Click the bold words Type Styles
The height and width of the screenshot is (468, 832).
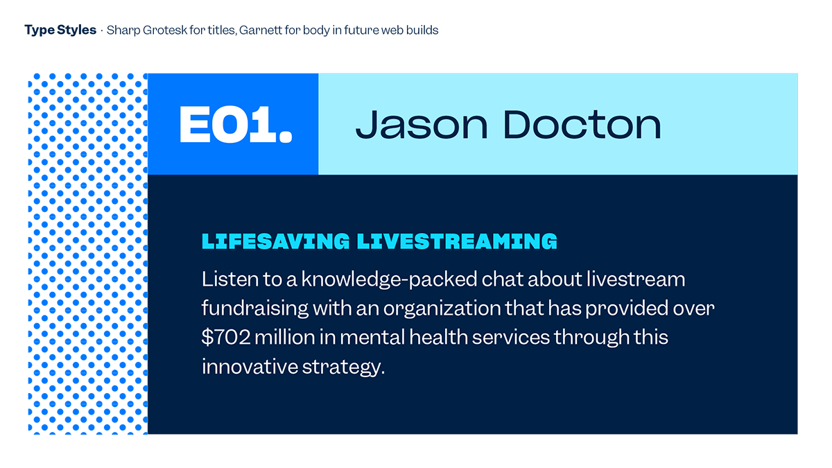(x=60, y=30)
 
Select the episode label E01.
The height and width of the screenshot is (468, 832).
(x=236, y=124)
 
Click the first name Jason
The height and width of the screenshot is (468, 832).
(x=422, y=124)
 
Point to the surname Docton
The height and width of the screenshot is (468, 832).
(x=582, y=124)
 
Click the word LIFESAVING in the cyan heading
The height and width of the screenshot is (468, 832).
(x=276, y=241)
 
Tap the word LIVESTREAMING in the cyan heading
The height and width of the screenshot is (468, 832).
(x=457, y=241)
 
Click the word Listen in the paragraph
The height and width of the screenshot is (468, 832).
(x=230, y=279)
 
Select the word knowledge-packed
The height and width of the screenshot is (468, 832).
(x=389, y=279)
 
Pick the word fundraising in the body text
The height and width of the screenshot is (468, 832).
(x=255, y=309)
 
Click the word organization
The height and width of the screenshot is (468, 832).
(x=442, y=309)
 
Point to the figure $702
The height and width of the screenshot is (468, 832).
(x=226, y=337)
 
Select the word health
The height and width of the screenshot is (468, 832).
(x=439, y=337)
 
